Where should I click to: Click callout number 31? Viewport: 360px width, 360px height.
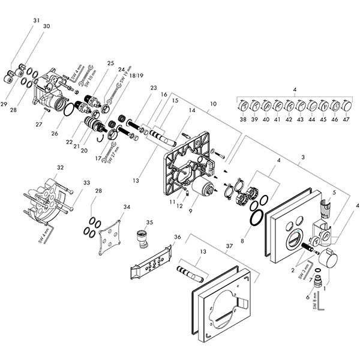(x=37, y=21)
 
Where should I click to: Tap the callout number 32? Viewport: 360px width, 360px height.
(x=60, y=167)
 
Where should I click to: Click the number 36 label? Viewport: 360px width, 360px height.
(x=177, y=238)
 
